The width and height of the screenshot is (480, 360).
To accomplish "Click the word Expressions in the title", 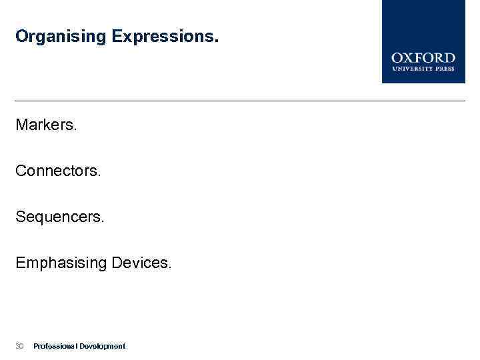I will click(x=165, y=36).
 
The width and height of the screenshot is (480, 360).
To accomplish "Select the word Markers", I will click(x=46, y=125).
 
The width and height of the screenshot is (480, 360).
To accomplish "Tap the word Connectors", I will click(x=58, y=171).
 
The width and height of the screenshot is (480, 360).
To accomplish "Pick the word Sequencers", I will click(x=60, y=217).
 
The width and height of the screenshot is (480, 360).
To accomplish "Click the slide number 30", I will click(x=19, y=346).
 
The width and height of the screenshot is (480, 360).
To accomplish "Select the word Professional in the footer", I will click(x=55, y=346).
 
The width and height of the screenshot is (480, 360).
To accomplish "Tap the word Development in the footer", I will click(x=102, y=346).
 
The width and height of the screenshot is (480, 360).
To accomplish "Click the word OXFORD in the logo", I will click(x=423, y=58).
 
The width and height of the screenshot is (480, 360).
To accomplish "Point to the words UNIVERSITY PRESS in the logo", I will click(x=423, y=68).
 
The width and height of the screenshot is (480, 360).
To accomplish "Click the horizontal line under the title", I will click(x=240, y=101).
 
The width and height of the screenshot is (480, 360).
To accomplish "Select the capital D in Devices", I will click(x=117, y=263).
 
